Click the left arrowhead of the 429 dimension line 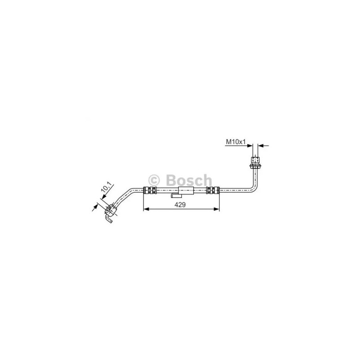(x=145, y=209)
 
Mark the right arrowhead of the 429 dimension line (x=218, y=209)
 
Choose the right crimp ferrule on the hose (x=212, y=190)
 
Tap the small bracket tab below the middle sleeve (x=176, y=196)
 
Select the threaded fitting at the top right (x=256, y=159)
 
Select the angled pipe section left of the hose (x=128, y=196)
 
